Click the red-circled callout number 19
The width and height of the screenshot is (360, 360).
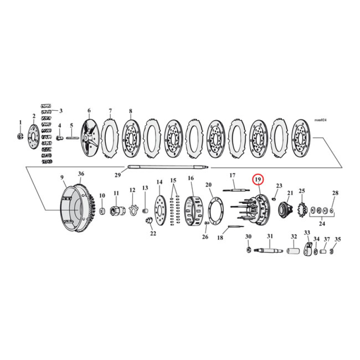tap(258, 180)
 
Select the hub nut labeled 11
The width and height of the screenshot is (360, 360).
tap(117, 210)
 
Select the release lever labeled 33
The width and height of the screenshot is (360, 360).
tap(308, 249)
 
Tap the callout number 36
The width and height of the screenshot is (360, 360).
tap(81, 174)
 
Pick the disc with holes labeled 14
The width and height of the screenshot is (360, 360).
tap(159, 210)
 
